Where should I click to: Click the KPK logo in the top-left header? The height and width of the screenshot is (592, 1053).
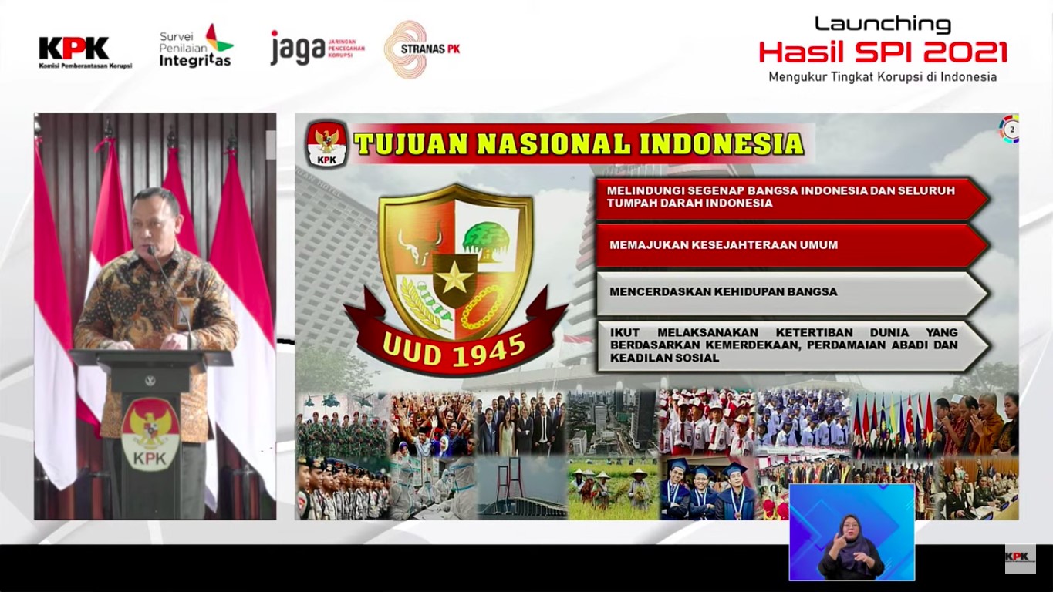tap(85, 52)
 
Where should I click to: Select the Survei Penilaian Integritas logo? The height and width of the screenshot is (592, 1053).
tap(196, 45)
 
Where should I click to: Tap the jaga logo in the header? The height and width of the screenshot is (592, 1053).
tap(317, 47)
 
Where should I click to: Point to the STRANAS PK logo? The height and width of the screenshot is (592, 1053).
tap(422, 49)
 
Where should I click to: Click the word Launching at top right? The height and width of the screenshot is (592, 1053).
tap(883, 25)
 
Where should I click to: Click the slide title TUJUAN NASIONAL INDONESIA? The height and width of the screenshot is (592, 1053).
tap(579, 144)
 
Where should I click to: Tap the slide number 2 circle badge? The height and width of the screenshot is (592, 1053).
tap(1009, 129)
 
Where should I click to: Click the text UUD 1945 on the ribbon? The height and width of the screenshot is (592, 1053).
tap(454, 351)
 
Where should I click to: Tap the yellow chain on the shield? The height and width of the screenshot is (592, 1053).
tap(481, 308)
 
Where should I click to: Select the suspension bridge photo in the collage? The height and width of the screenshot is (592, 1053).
tap(521, 486)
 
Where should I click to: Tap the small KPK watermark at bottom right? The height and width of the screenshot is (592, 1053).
tap(1020, 558)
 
